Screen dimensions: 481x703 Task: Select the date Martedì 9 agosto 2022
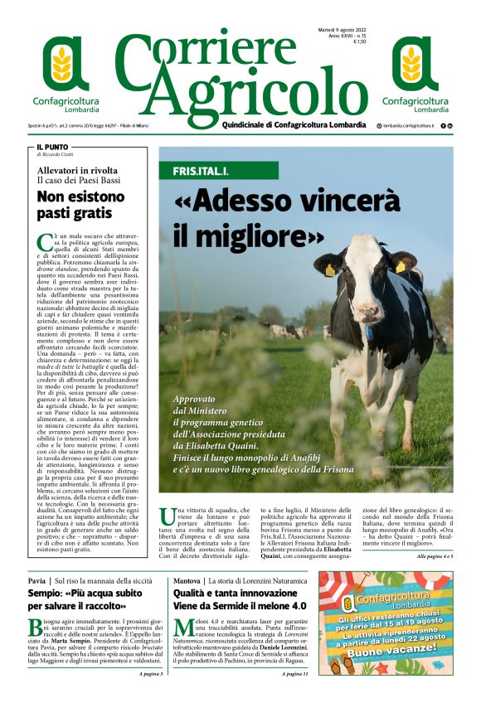click(x=342, y=31)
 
